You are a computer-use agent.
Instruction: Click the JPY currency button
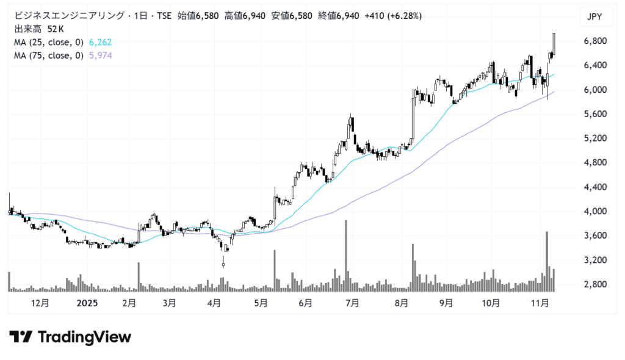pos(594,17)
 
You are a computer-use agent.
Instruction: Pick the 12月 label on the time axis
pos(39,303)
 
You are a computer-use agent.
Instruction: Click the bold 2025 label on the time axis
pos(85,303)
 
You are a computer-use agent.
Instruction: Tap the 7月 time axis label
pos(352,303)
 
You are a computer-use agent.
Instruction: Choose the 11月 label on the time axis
pos(540,303)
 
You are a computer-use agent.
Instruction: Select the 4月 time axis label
pos(214,303)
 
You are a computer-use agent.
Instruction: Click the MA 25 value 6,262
pos(100,42)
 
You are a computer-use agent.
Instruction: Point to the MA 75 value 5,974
pos(100,56)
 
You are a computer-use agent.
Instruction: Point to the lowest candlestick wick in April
pos(223,264)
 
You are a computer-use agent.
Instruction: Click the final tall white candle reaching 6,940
pos(554,44)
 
